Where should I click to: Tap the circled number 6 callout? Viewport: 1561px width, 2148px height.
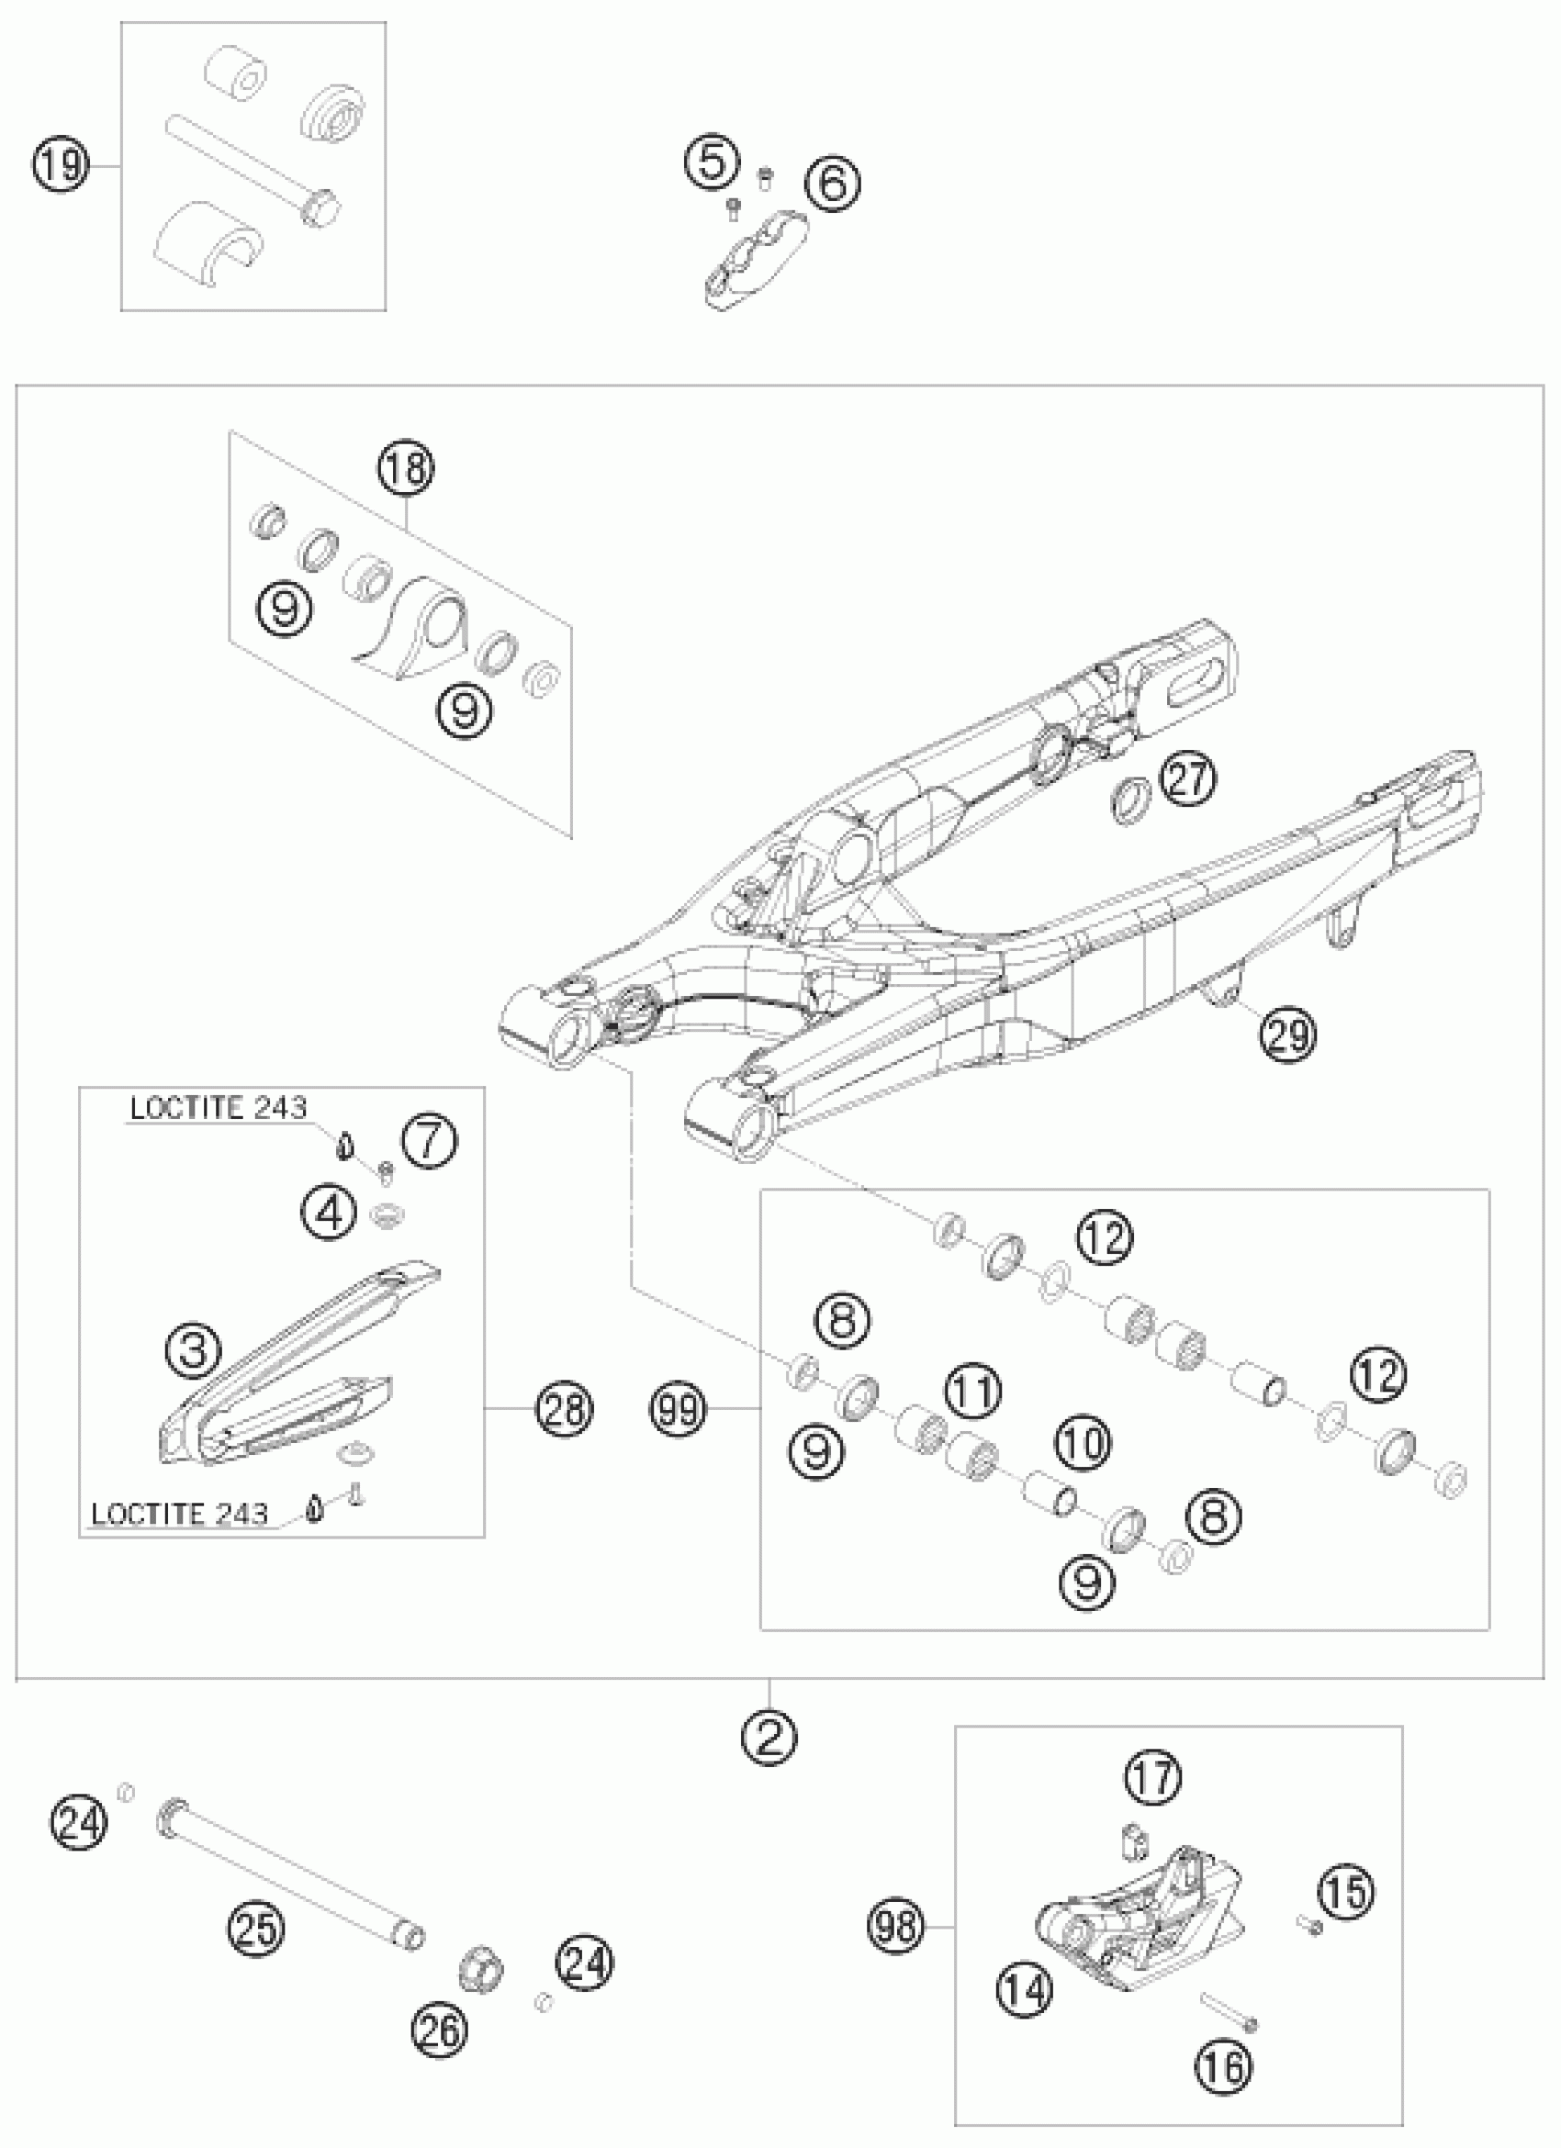click(833, 183)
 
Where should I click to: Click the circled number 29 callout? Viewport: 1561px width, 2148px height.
click(1288, 1034)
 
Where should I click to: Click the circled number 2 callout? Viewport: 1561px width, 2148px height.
click(769, 1734)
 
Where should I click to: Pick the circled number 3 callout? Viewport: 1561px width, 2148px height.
click(193, 1348)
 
